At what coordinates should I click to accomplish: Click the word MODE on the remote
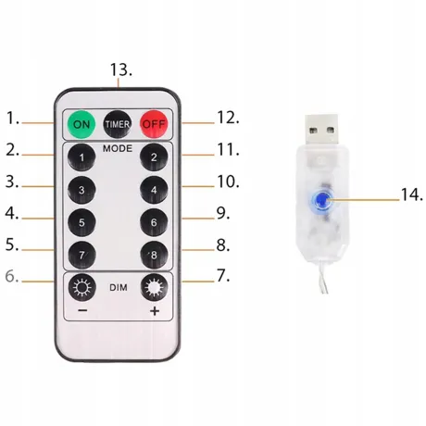[118, 146]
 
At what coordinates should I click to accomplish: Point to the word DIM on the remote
[118, 288]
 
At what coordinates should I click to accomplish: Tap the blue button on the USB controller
[323, 198]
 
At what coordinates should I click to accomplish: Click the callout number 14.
[410, 194]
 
